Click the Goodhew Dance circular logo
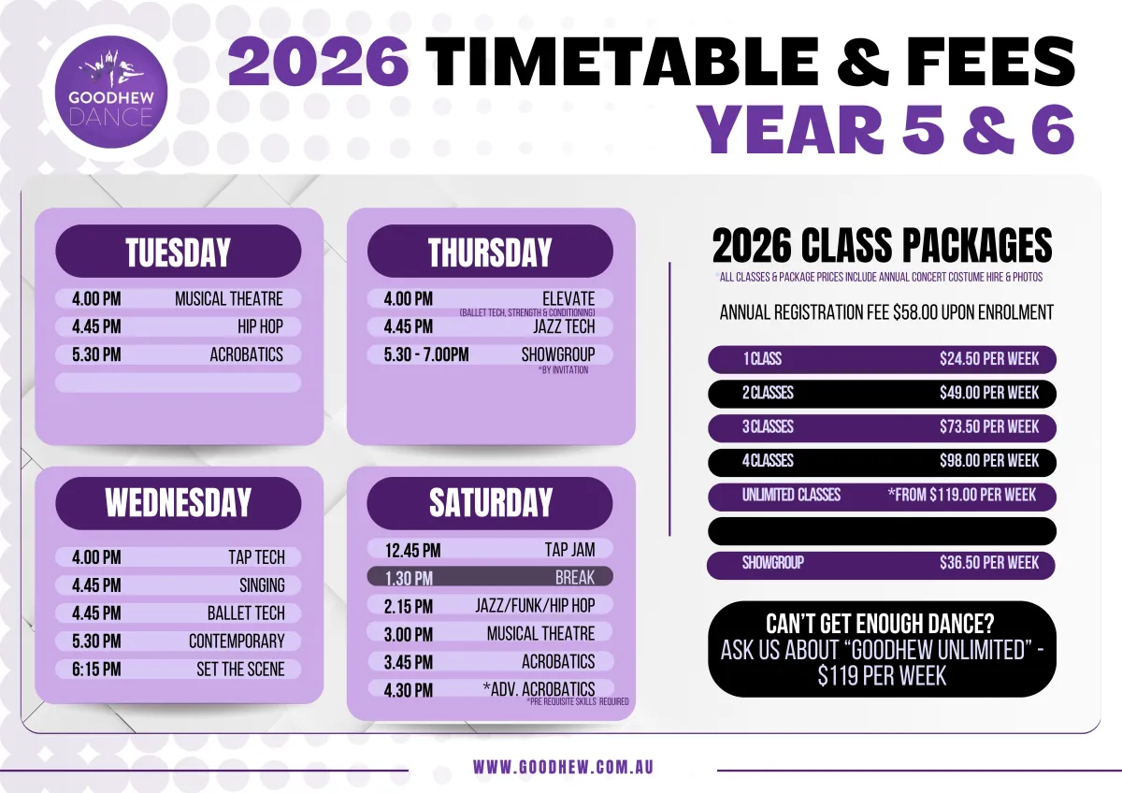tap(110, 93)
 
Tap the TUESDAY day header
tap(179, 251)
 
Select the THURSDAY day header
tap(490, 251)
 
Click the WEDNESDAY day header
tap(179, 503)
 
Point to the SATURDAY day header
tap(490, 503)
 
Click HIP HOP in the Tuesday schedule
tap(261, 326)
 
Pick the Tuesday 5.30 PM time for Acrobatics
tap(96, 354)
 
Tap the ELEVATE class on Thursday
tap(568, 299)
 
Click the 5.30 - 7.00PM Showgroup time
tap(426, 354)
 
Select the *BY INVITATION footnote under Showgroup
tap(564, 370)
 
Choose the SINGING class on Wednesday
tap(262, 585)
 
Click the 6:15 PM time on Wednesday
tap(96, 670)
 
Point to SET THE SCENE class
tap(240, 670)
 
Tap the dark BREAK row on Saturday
tap(490, 577)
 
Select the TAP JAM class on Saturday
tap(570, 550)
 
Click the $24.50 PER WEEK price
tap(989, 359)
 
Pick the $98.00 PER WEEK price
tap(989, 460)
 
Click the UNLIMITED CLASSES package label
tap(791, 495)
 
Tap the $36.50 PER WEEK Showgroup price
tap(989, 563)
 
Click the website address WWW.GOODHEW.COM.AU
tap(564, 767)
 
